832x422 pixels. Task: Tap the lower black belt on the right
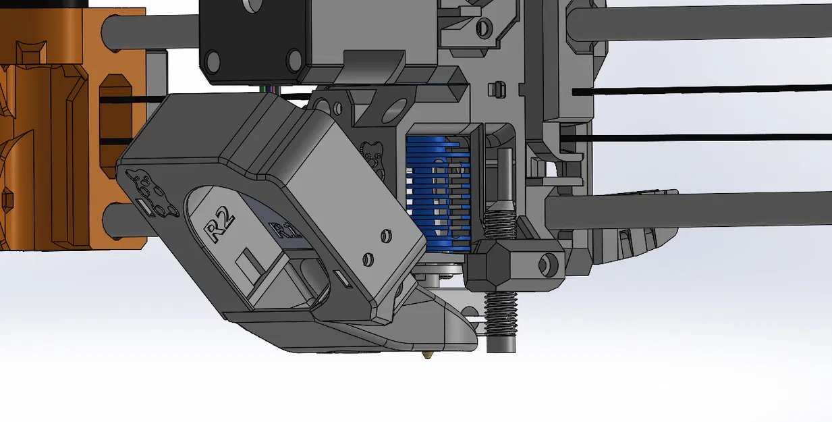tap(702, 137)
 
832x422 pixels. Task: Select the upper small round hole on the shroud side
tap(385, 236)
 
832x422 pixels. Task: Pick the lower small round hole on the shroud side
tap(368, 258)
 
